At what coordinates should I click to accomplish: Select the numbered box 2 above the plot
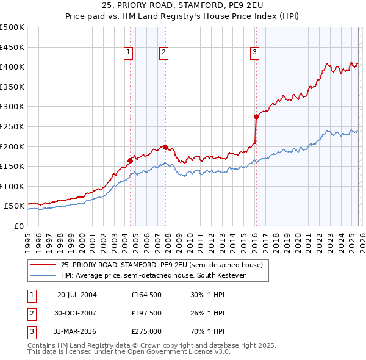(164, 53)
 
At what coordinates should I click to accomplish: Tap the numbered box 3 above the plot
(254, 53)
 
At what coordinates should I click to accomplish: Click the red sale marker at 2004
(130, 160)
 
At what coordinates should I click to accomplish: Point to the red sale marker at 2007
(165, 147)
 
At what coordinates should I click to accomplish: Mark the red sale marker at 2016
(256, 117)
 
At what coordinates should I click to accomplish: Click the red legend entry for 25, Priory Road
(162, 265)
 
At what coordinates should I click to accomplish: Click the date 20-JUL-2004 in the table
(77, 294)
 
